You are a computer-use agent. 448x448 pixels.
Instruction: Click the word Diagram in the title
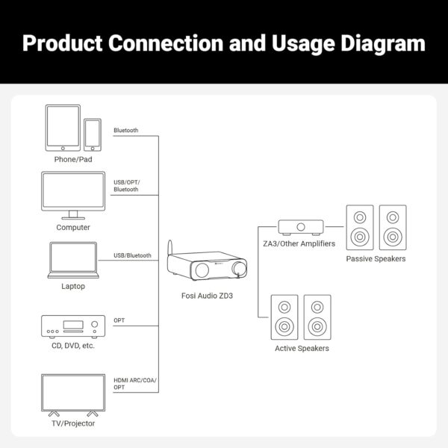coord(383,43)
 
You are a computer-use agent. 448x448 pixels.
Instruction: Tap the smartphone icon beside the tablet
coord(93,135)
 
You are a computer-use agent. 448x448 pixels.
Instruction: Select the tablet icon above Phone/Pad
coord(63,128)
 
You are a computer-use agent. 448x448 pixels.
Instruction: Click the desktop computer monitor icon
coord(73,196)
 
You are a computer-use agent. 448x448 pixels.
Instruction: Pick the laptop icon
coord(73,260)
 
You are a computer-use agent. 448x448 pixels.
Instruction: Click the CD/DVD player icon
coord(73,326)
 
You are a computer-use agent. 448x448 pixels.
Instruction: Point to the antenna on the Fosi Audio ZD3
coord(170,247)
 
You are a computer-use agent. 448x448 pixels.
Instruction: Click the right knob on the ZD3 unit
coord(239,269)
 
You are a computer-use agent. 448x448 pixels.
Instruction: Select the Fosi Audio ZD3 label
coord(207,296)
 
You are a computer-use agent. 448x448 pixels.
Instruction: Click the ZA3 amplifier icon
coord(301,228)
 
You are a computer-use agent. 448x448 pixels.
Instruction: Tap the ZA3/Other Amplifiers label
coord(299,243)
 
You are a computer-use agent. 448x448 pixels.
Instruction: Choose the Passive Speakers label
coord(376,259)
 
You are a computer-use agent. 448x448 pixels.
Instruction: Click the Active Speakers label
coord(302,348)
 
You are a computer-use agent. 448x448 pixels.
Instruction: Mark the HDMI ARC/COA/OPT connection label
coord(135,384)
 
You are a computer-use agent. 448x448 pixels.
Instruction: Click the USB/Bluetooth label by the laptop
coord(132,255)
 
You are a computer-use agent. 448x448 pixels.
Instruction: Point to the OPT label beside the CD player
coord(119,320)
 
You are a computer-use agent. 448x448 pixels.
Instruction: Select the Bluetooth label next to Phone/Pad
coord(125,130)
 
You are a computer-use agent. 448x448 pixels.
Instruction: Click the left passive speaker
coord(360,228)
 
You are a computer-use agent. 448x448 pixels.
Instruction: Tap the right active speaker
coord(317,317)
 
